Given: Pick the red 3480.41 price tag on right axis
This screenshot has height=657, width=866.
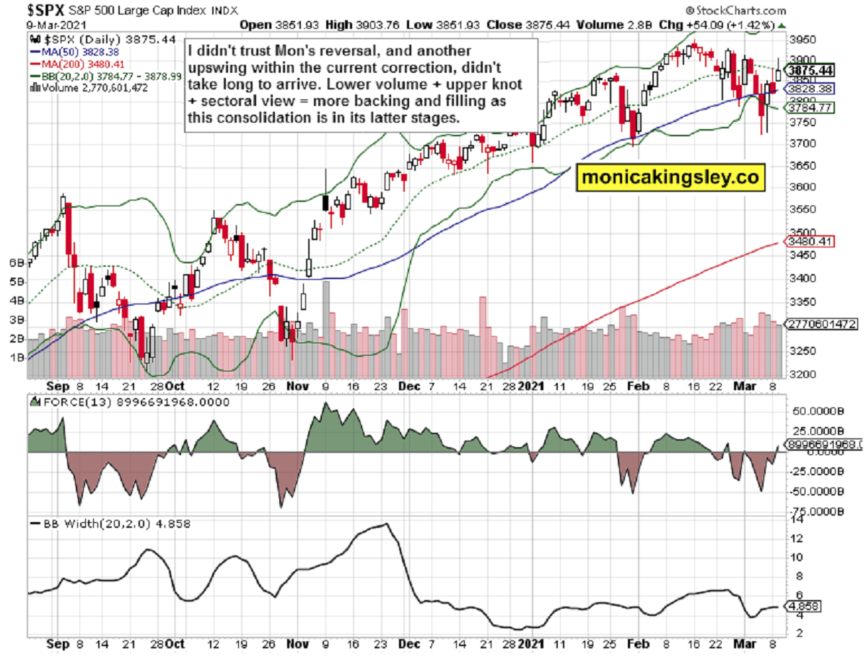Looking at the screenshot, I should point(805,242).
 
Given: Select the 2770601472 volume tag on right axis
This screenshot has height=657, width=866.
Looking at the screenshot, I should point(823,325).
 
